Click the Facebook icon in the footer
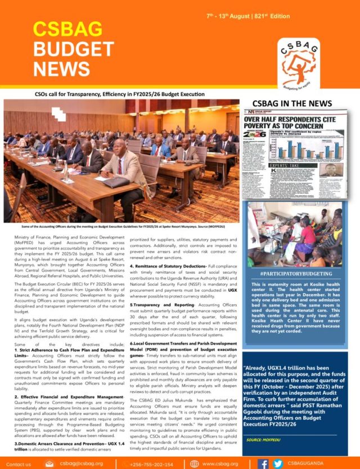point(263,463)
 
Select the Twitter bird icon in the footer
point(277,463)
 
